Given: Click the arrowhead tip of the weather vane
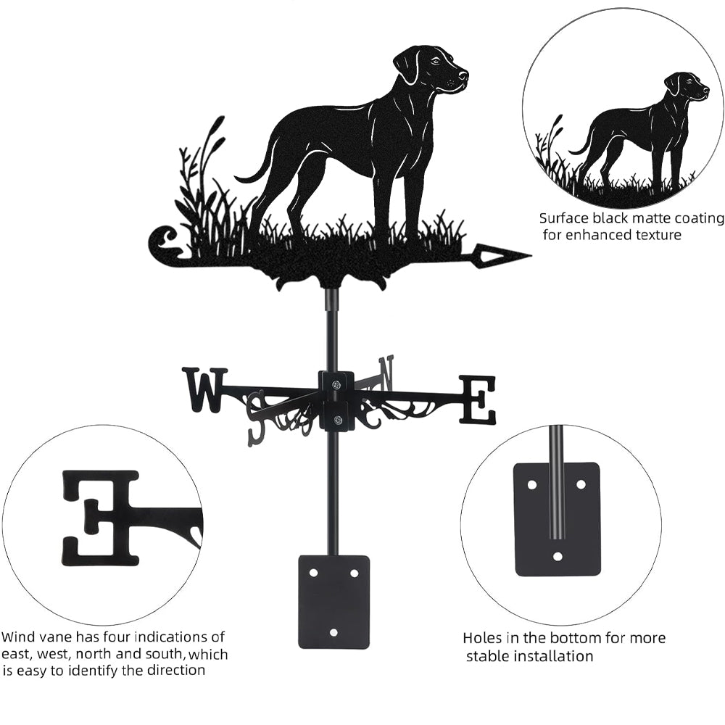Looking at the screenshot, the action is [x=531, y=254].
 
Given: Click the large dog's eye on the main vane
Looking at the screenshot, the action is [x=435, y=62].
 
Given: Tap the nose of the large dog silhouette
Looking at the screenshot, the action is [x=465, y=73].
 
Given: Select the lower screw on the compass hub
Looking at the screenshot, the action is [x=339, y=419].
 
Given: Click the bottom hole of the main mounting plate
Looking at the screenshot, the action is [x=333, y=631].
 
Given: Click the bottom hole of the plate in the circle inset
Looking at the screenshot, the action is [x=558, y=556].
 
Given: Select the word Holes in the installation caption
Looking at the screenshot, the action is [x=483, y=639].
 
